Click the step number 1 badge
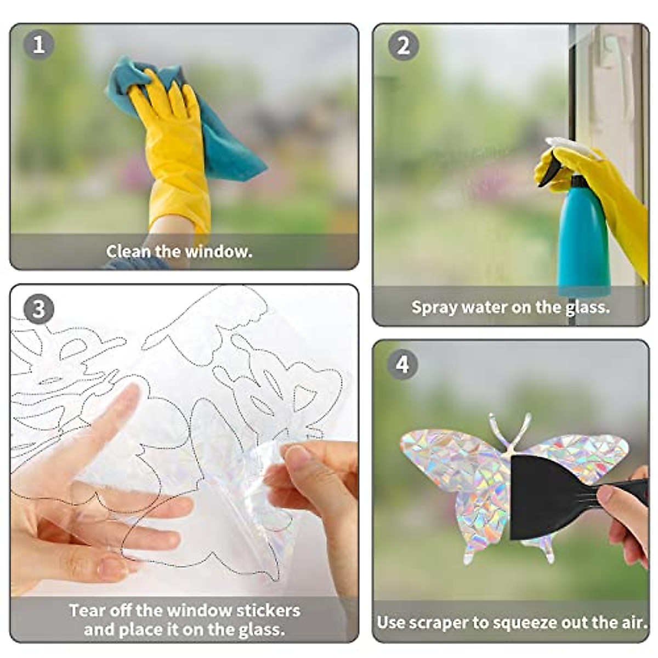coord(38,44)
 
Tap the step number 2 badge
coord(403,46)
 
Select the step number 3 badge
coord(38,309)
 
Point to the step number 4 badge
coord(403,364)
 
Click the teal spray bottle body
coord(582,241)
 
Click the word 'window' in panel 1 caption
coord(218,252)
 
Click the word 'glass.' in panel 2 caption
coord(587,307)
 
